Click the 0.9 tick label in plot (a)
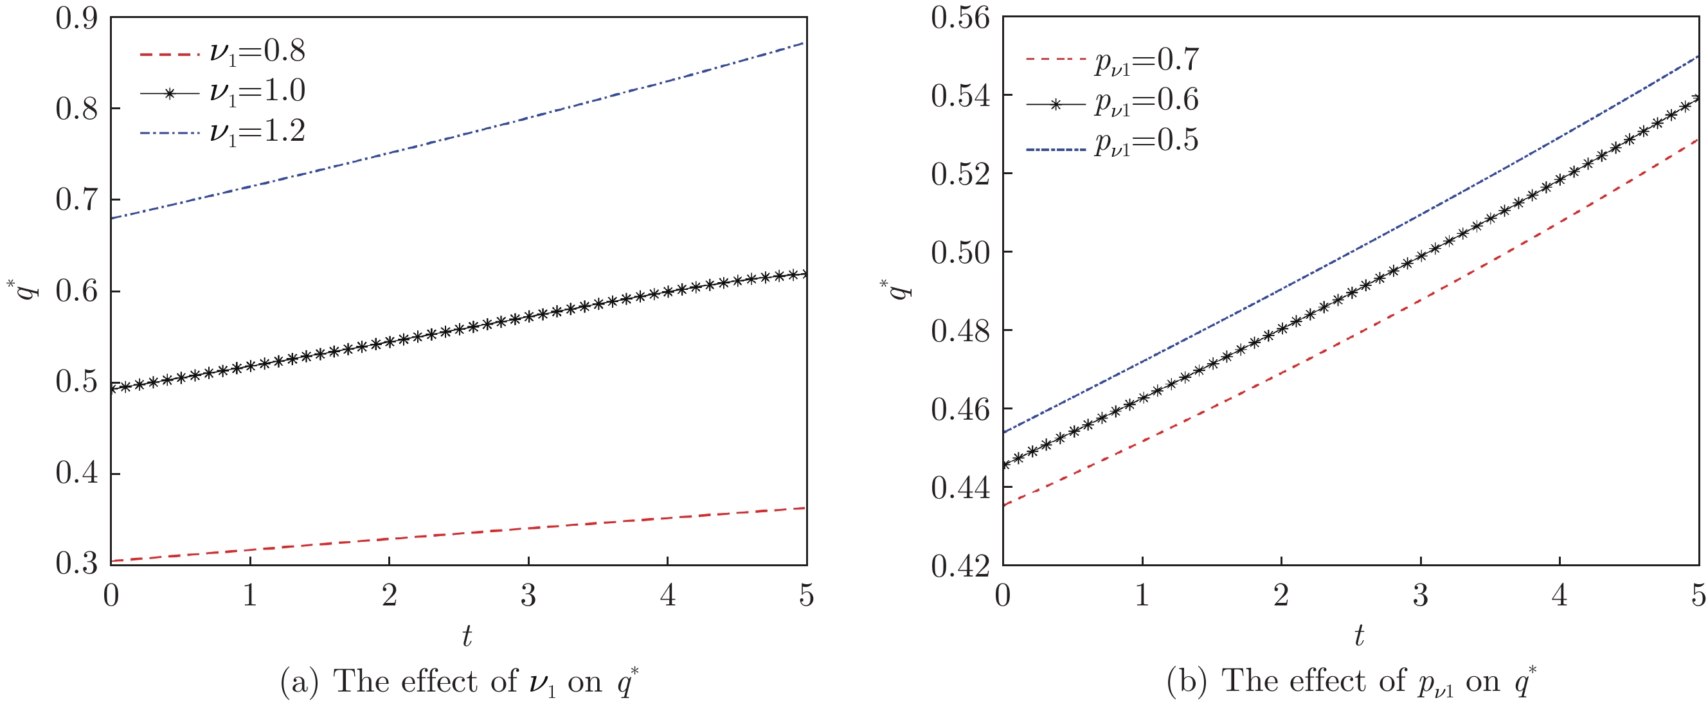(76, 19)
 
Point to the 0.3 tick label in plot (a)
(76, 564)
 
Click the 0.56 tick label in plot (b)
(959, 19)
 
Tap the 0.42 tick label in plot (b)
(959, 566)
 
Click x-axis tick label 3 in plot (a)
(528, 596)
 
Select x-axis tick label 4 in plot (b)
(1559, 596)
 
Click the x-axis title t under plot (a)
(467, 636)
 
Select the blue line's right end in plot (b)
(1697, 57)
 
